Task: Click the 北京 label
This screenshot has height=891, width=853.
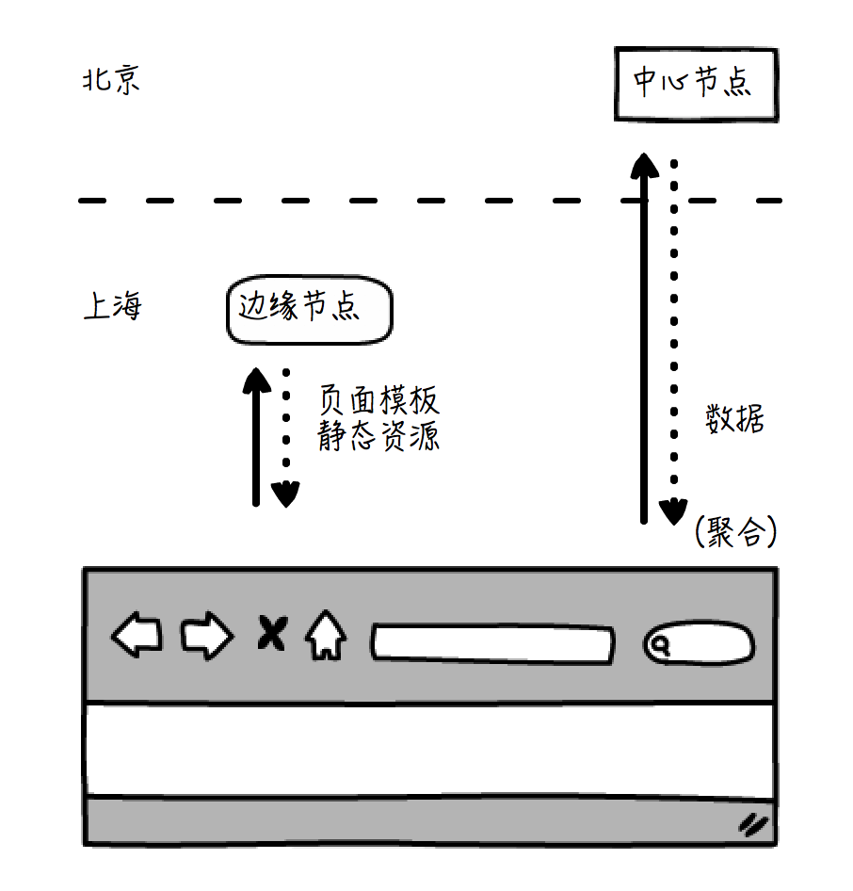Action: pyautogui.click(x=111, y=80)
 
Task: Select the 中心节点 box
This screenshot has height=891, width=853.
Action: pyautogui.click(x=697, y=85)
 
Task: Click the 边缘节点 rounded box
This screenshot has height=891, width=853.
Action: pyautogui.click(x=309, y=309)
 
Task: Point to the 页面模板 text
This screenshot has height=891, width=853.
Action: pyautogui.click(x=378, y=401)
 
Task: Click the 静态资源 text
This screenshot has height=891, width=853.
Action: pyautogui.click(x=378, y=437)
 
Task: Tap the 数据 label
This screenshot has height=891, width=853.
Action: pyautogui.click(x=734, y=418)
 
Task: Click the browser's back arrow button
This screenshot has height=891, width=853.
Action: pyautogui.click(x=137, y=637)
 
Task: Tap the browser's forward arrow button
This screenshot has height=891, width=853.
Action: pyautogui.click(x=206, y=637)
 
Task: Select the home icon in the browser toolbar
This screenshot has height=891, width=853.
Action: pyautogui.click(x=325, y=637)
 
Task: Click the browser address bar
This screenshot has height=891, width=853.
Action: pyautogui.click(x=492, y=642)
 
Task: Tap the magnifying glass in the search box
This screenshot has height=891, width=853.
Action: pyautogui.click(x=662, y=645)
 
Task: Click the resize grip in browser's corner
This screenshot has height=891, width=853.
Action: pyautogui.click(x=753, y=825)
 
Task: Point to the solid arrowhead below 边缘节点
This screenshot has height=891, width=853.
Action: pyautogui.click(x=255, y=381)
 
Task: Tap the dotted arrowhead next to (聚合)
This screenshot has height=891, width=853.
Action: pyautogui.click(x=672, y=511)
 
